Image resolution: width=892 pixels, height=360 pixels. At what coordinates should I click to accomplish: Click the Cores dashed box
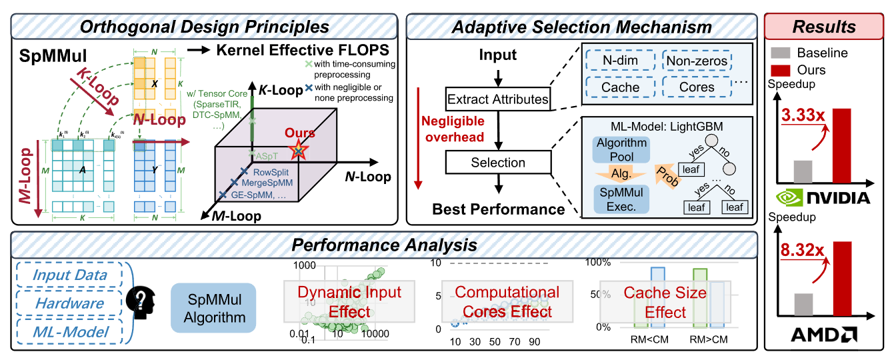tap(697, 87)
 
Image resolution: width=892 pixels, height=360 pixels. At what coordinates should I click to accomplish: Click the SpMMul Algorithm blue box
tap(214, 307)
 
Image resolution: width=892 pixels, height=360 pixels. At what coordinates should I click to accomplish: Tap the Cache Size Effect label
tap(655, 302)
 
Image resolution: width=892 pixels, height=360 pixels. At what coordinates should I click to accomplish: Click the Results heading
tap(824, 27)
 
